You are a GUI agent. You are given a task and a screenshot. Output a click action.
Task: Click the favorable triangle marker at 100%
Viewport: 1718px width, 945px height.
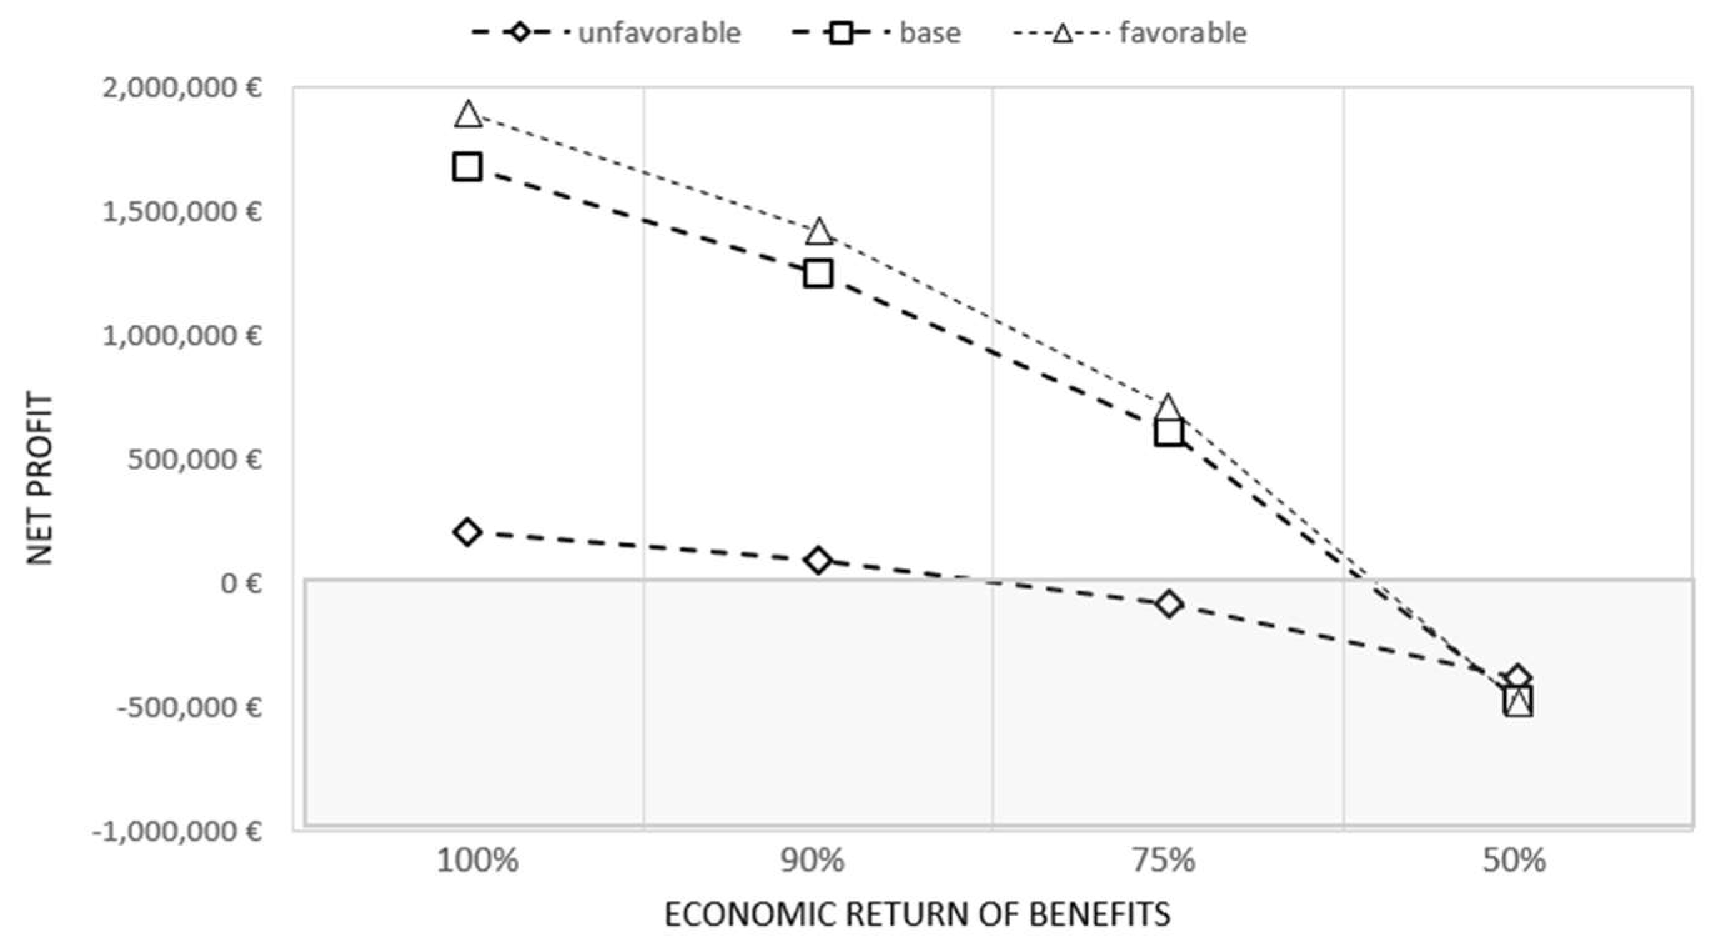[468, 116]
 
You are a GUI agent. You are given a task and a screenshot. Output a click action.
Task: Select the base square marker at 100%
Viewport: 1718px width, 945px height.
[467, 166]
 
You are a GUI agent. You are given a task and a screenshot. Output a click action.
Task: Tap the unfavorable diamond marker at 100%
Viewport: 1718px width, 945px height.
[467, 532]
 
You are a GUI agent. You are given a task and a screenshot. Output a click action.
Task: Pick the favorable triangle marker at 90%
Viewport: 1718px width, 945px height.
[819, 232]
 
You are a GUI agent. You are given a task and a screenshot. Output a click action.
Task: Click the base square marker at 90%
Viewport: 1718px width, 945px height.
[818, 274]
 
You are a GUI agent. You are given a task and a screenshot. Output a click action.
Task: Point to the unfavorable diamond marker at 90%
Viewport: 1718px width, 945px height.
[818, 560]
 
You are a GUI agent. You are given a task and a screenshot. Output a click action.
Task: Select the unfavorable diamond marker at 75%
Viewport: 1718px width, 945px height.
[1168, 604]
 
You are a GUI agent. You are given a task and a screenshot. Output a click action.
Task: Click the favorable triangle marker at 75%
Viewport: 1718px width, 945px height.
[1168, 407]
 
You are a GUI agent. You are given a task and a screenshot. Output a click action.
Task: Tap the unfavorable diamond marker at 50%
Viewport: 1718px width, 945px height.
[1518, 679]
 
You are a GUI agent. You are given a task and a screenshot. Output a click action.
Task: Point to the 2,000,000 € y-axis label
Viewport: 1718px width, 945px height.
[181, 87]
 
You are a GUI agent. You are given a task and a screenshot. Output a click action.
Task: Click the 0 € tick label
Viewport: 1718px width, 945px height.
[241, 583]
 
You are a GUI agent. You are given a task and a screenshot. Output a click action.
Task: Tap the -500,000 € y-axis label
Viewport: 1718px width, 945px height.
[189, 707]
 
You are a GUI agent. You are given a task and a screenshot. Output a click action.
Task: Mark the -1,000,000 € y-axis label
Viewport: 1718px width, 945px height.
[177, 831]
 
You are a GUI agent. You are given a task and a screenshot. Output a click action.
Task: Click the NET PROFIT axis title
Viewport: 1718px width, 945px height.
[40, 478]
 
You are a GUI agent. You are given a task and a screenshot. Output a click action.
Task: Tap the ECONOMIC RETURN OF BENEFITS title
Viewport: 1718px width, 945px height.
[917, 914]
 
